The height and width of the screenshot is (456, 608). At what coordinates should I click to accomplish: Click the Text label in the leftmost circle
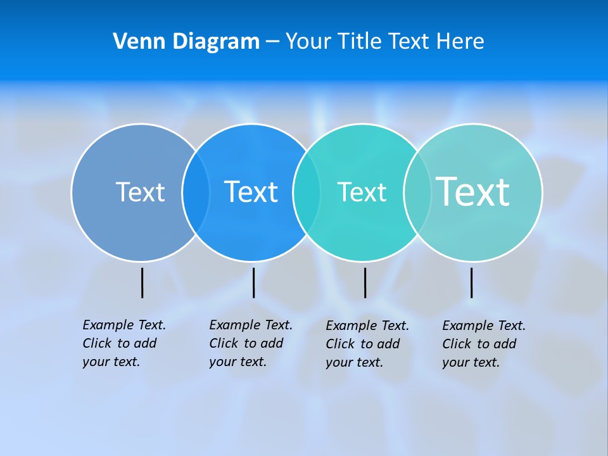pos(140,192)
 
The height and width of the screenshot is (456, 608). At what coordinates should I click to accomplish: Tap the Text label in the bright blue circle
pos(251,192)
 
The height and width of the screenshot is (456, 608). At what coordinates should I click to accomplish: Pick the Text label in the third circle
pos(362,192)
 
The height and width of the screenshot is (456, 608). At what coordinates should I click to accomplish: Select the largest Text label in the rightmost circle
pos(473,191)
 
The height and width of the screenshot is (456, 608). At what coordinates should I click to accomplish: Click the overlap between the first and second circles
pos(196,192)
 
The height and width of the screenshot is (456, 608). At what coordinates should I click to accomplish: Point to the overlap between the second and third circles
pos(307,192)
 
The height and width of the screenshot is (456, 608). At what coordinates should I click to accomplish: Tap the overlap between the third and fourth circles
pos(417,192)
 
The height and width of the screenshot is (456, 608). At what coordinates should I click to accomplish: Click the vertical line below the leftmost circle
pos(142,282)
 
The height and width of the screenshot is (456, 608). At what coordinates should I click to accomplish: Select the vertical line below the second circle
pos(253,282)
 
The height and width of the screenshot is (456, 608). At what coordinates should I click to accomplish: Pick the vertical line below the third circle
pos(365,282)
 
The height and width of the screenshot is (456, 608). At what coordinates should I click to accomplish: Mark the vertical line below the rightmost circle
pos(471,282)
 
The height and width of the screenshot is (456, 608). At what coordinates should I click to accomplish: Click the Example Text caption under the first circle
pos(123,343)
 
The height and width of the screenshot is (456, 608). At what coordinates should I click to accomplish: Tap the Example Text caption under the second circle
pos(250,343)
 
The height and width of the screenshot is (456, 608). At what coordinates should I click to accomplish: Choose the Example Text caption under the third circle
pos(367,344)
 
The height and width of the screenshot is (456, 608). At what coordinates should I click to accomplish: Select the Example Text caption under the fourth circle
pos(483,344)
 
